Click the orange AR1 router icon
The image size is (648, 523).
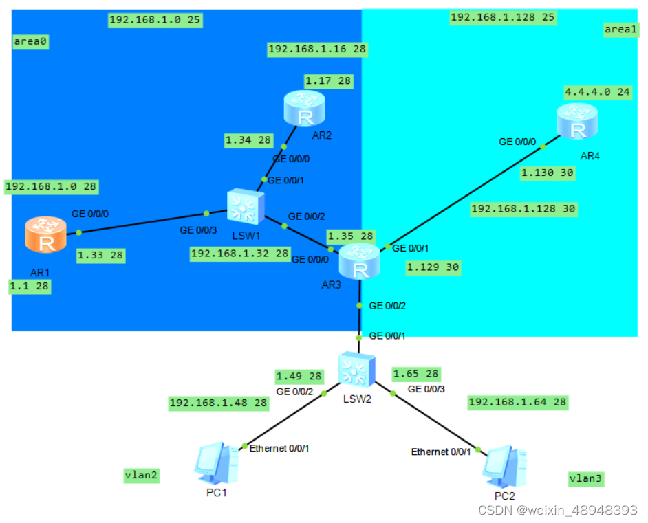pyautogui.click(x=45, y=234)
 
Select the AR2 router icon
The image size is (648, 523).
pyautogui.click(x=304, y=108)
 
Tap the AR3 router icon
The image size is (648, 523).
pyautogui.click(x=359, y=262)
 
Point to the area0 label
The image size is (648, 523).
pyautogui.click(x=31, y=42)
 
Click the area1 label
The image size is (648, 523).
pyautogui.click(x=621, y=29)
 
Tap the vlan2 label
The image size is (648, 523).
pyautogui.click(x=142, y=475)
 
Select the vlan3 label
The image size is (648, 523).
pyautogui.click(x=587, y=479)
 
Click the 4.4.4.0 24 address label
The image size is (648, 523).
pyautogui.click(x=597, y=92)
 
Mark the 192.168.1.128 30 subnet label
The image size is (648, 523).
pyautogui.click(x=523, y=208)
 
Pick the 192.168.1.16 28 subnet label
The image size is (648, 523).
pyautogui.click(x=317, y=49)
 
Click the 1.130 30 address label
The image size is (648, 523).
pyautogui.click(x=548, y=173)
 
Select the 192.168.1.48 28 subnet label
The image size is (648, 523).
pyautogui.click(x=218, y=403)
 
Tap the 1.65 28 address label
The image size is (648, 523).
pyautogui.click(x=415, y=374)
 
